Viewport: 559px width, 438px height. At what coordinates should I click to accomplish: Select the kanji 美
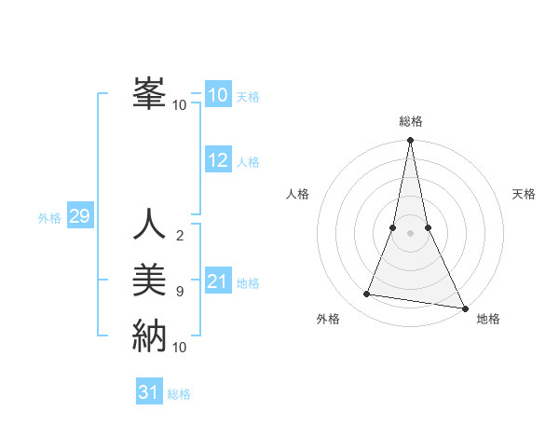[149, 280]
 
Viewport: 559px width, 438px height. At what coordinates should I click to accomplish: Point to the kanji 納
[149, 335]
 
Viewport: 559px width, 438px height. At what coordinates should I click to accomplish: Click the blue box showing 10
[218, 95]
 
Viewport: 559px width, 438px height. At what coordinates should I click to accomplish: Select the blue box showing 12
[218, 160]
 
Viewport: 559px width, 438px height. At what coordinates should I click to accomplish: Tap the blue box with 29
[79, 217]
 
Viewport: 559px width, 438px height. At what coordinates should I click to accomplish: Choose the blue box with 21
[218, 281]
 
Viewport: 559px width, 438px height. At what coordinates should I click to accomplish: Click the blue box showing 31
[149, 392]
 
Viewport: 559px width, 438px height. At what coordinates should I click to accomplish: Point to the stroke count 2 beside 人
[179, 235]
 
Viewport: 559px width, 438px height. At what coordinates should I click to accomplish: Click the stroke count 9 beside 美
[179, 291]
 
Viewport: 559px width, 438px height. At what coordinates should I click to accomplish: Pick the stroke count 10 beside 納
[180, 347]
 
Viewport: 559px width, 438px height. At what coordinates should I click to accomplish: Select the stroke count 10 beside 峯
[180, 104]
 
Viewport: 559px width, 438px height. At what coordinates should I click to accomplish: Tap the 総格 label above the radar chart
[410, 121]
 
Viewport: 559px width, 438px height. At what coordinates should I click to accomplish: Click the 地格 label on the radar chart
[488, 319]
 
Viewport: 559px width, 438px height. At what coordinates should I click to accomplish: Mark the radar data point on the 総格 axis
[410, 141]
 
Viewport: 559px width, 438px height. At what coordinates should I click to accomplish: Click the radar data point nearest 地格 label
[464, 308]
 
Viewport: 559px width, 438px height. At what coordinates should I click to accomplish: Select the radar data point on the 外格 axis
[367, 294]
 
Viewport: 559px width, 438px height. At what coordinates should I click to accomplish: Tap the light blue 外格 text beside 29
[49, 218]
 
